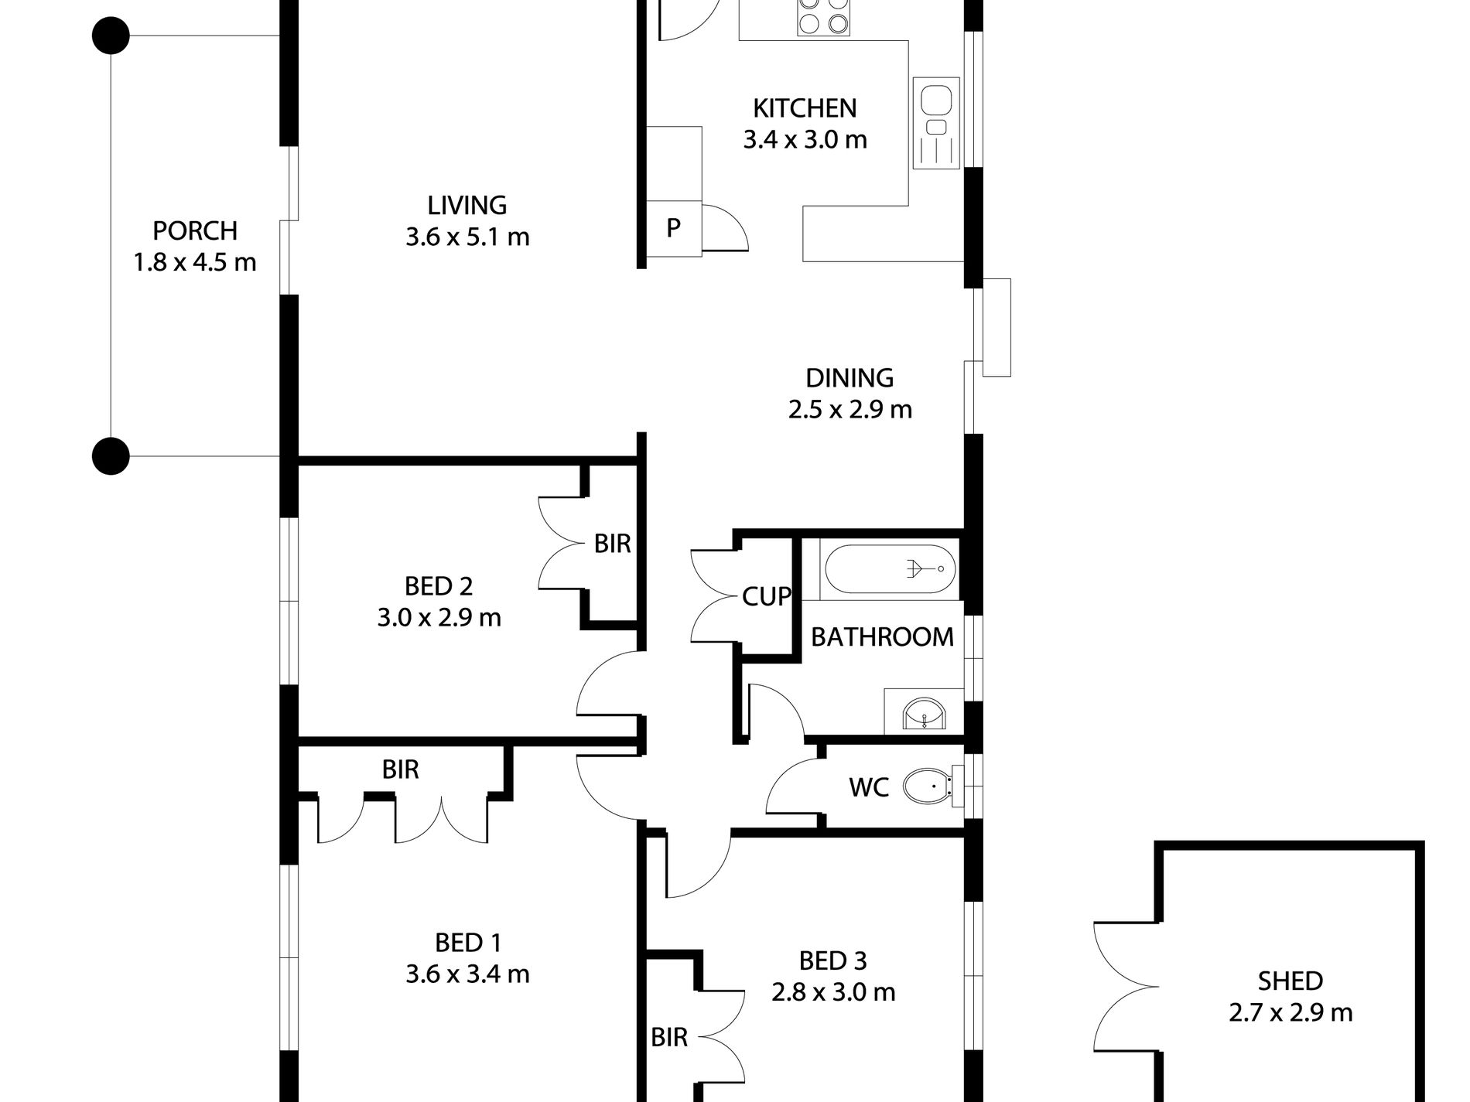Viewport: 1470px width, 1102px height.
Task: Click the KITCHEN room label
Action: point(805,108)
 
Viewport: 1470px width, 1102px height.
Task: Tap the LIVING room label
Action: point(467,205)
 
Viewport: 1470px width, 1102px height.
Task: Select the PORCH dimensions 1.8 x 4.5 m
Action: point(195,263)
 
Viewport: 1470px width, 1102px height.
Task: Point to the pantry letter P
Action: point(673,227)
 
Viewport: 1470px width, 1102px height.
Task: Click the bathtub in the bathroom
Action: point(890,569)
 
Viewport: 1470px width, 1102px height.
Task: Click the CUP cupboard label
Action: point(767,596)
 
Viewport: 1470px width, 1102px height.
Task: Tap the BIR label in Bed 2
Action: point(612,544)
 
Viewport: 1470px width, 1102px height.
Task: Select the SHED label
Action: point(1290,981)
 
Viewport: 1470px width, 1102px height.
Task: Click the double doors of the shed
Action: point(1126,986)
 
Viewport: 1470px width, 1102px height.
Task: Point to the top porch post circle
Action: point(111,36)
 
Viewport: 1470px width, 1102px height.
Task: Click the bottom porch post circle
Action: point(111,455)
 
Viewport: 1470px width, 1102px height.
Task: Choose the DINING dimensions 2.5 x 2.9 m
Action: point(850,409)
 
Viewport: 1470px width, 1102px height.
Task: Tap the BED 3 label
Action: point(832,960)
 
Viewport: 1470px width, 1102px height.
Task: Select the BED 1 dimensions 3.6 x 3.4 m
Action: point(467,974)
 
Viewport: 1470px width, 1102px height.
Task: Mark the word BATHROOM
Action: point(882,636)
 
